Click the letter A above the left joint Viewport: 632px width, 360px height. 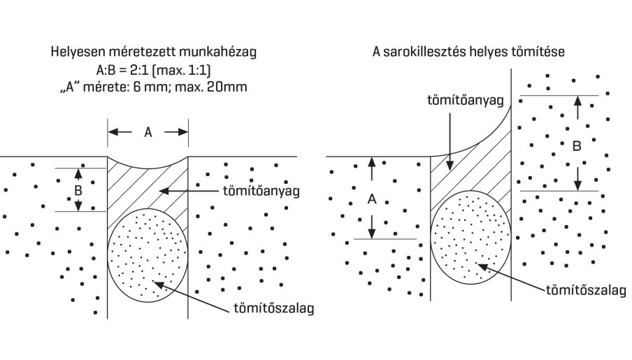tap(148, 131)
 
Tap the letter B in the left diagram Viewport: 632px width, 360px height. tap(78, 189)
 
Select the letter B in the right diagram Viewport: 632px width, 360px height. tap(576, 147)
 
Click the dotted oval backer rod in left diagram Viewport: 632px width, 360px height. tap(148, 254)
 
